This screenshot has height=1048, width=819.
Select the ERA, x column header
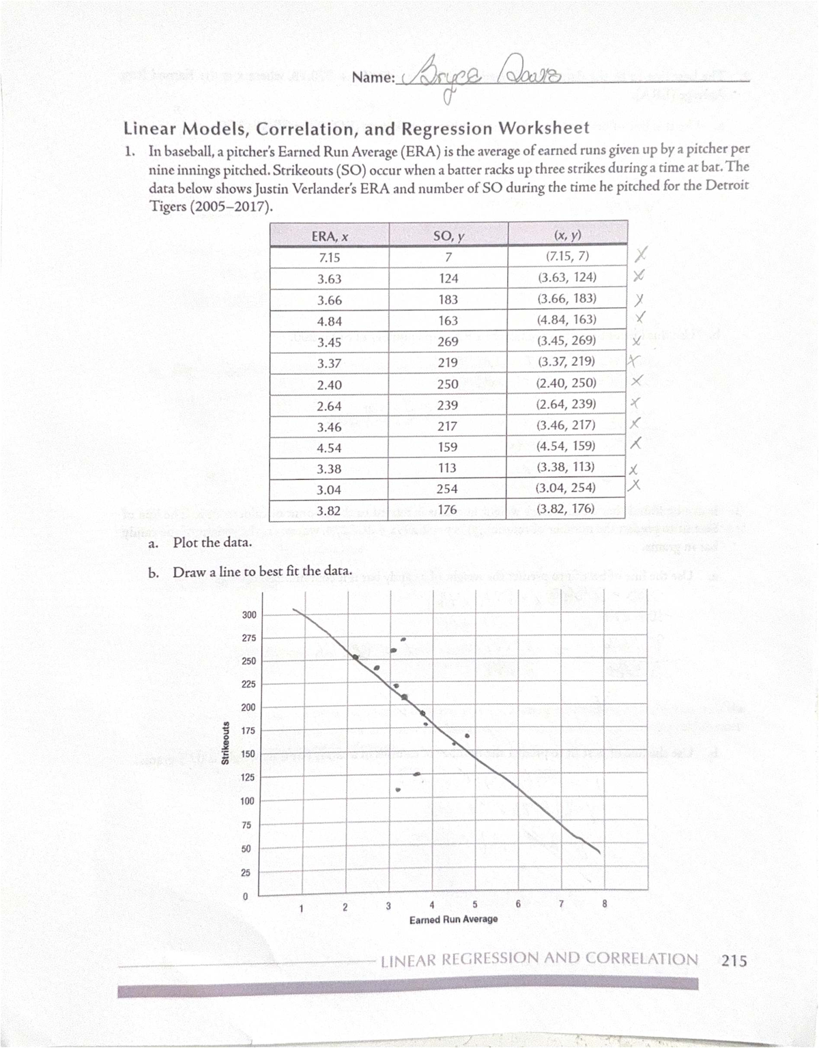(x=330, y=236)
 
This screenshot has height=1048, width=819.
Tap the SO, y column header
(x=448, y=236)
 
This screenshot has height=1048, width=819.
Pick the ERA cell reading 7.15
(x=329, y=257)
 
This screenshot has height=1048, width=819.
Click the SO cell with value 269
(x=448, y=341)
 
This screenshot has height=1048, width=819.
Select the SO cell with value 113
(x=448, y=468)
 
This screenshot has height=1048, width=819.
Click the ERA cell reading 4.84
(x=329, y=321)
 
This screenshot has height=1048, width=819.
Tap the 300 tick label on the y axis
(x=249, y=615)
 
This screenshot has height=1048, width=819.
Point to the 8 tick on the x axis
(x=604, y=904)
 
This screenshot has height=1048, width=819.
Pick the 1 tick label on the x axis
(x=301, y=908)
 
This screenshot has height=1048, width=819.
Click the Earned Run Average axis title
(x=453, y=920)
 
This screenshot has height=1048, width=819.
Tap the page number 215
(x=734, y=961)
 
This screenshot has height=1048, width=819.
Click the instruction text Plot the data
(x=212, y=543)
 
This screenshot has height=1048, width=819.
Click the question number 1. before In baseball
(x=129, y=151)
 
